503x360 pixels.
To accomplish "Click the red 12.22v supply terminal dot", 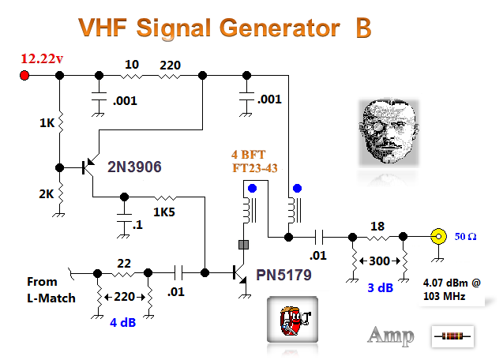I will pyautogui.click(x=24, y=76).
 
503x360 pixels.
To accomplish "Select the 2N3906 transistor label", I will pyautogui.click(x=136, y=167).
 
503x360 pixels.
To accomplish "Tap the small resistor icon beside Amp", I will pyautogui.click(x=453, y=336).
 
